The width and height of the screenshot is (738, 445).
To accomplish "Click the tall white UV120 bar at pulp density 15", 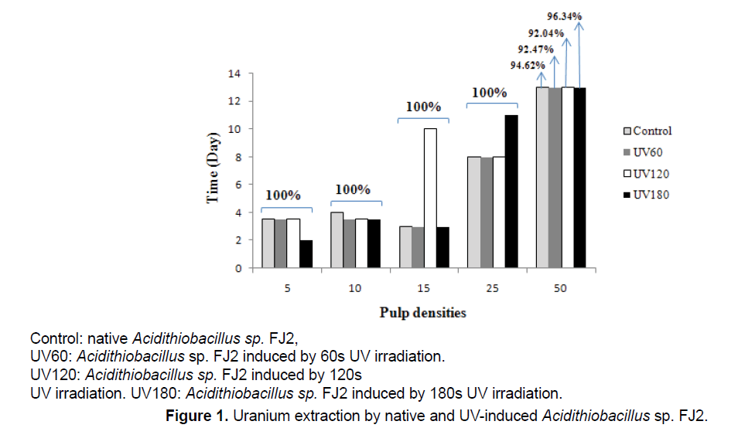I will pyautogui.click(x=430, y=198).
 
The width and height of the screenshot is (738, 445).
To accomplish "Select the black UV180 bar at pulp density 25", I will pyautogui.click(x=511, y=192).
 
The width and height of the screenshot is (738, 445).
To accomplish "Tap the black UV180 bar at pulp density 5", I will pyautogui.click(x=306, y=254).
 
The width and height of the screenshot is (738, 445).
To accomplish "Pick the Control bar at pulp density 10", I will pyautogui.click(x=337, y=240).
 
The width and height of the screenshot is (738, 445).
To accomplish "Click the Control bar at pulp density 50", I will pyautogui.click(x=542, y=178).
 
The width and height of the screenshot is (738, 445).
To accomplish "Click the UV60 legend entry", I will pyautogui.click(x=643, y=152).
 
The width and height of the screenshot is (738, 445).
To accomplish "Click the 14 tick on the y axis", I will pyautogui.click(x=234, y=73).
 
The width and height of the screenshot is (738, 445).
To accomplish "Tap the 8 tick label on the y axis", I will pyautogui.click(x=237, y=157).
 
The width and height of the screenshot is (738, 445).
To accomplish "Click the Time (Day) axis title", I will pyautogui.click(x=212, y=171).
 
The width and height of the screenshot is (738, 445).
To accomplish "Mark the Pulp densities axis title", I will pyautogui.click(x=422, y=313).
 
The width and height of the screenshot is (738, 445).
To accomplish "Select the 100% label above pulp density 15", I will pyautogui.click(x=423, y=107).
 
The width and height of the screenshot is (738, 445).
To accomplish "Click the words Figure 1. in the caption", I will pyautogui.click(x=198, y=417).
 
